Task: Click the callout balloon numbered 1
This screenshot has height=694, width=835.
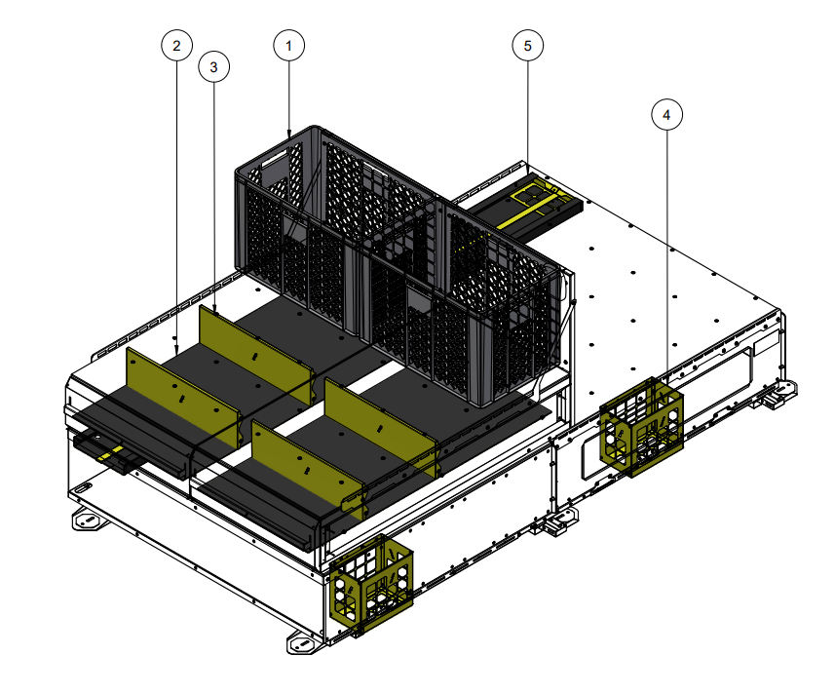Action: [x=288, y=45]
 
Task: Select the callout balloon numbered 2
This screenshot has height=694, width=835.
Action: [x=175, y=45]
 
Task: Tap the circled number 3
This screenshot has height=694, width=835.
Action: [x=213, y=66]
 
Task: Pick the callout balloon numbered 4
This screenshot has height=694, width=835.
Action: [x=666, y=114]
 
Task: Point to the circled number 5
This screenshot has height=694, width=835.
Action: [x=527, y=45]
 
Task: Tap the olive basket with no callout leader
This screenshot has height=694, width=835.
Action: [x=371, y=584]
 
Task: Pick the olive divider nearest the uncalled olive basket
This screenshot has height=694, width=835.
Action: [x=302, y=466]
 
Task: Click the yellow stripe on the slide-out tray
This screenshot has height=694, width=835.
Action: [x=117, y=450]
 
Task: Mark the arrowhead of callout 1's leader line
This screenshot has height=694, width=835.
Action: [x=289, y=134]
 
